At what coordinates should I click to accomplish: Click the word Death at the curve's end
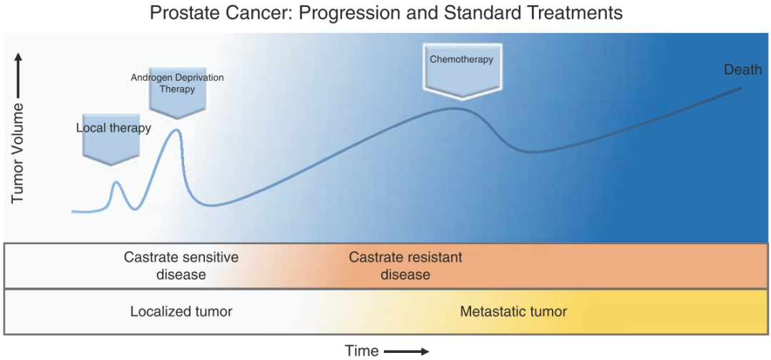[742, 70]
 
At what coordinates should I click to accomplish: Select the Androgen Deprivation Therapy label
[177, 83]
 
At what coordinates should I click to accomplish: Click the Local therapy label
[114, 129]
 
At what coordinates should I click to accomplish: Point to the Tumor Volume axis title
[18, 153]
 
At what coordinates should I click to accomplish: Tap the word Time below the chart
[362, 351]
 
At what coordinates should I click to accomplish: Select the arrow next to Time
[406, 351]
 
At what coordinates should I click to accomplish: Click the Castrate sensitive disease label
[181, 266]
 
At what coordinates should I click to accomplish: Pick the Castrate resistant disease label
[405, 266]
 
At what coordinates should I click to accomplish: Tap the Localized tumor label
[181, 311]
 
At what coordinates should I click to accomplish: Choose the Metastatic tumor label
[513, 311]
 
